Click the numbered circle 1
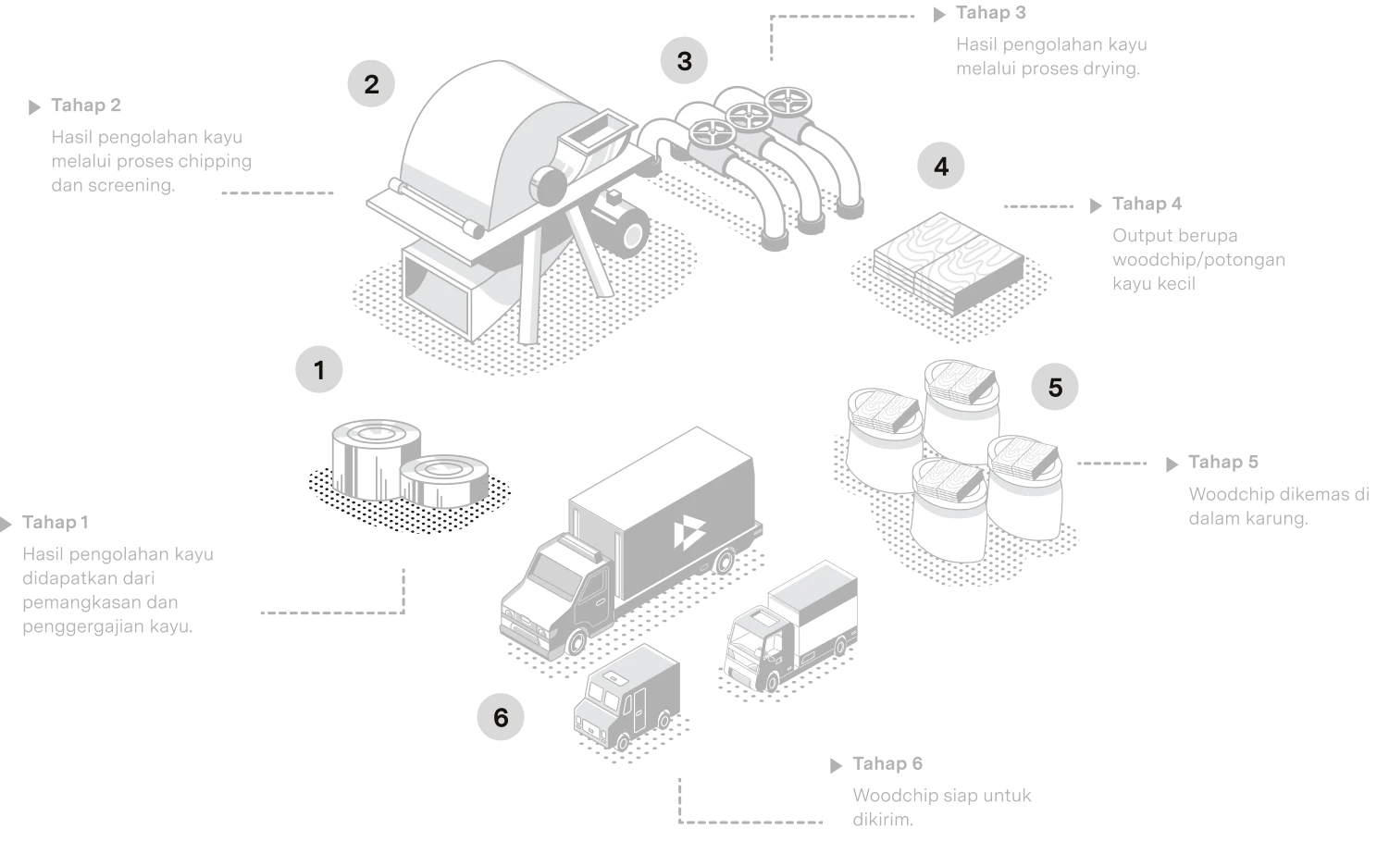click(x=319, y=369)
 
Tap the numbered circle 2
click(x=371, y=83)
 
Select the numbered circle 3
click(x=684, y=60)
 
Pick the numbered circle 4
click(x=941, y=166)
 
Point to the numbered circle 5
click(x=1055, y=387)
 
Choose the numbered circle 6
click(x=501, y=717)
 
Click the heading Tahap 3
click(x=991, y=13)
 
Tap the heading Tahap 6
click(x=887, y=763)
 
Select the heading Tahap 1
click(x=56, y=522)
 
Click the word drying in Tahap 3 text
click(x=1111, y=68)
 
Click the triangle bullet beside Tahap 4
click(x=1096, y=205)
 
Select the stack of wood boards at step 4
click(x=949, y=263)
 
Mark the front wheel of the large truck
click(x=576, y=642)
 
